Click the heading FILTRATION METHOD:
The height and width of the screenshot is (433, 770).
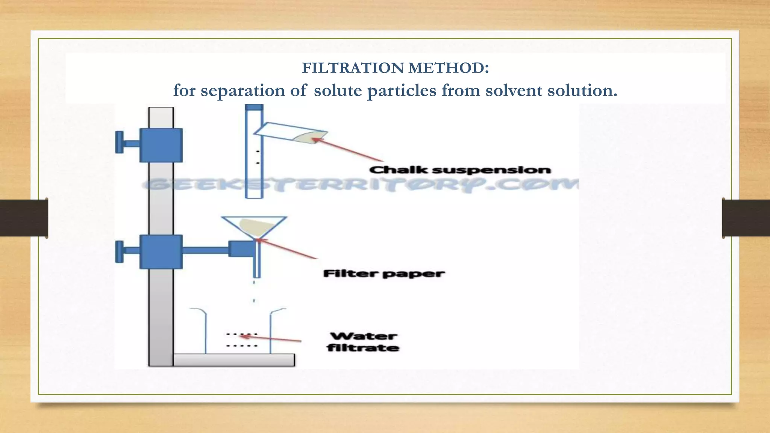(x=395, y=68)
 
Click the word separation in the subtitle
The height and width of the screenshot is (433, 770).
(x=243, y=91)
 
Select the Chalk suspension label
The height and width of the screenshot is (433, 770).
(x=460, y=170)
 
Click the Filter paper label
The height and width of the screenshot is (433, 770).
(x=383, y=274)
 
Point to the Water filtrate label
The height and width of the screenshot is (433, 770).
(x=363, y=342)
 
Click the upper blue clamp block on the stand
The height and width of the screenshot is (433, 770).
(x=161, y=145)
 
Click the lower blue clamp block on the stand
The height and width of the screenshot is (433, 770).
(x=161, y=251)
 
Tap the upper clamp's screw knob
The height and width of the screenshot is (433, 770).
(x=120, y=142)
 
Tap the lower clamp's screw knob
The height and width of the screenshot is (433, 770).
(x=120, y=251)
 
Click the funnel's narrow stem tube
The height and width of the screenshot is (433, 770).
(x=257, y=261)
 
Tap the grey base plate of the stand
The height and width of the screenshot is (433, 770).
(x=233, y=360)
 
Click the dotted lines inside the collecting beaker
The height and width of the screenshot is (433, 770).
(x=241, y=340)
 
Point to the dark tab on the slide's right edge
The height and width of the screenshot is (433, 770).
(x=746, y=218)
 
